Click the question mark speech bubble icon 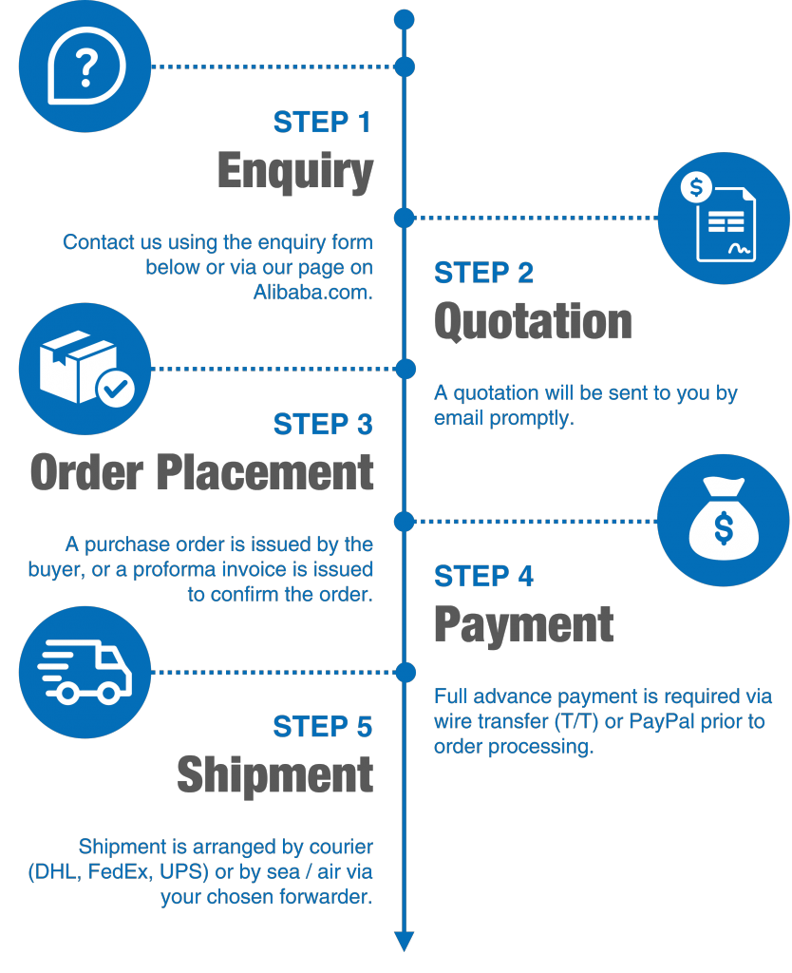pos(85,67)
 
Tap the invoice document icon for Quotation pos(724,218)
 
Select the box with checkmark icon pos(85,369)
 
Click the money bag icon pos(724,521)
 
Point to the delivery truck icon pos(85,672)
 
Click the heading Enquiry pos(295,172)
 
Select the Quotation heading pos(533,322)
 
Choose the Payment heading pos(524,624)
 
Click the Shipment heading pos(274,774)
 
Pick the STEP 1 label pos(322,123)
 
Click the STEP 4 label pos(483,577)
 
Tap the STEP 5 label pos(322,727)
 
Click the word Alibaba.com pos(312,293)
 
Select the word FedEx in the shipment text pos(119,871)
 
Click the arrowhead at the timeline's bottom pos(405,942)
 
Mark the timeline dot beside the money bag pos(405,521)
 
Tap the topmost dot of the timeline pos(405,19)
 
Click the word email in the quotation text pos(459,418)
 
